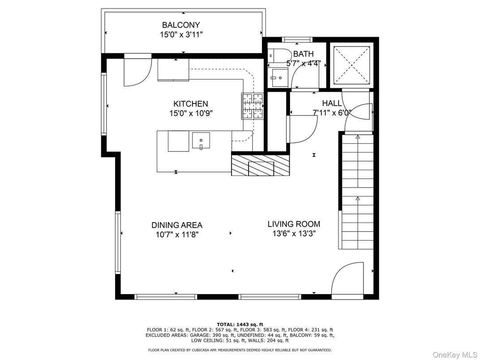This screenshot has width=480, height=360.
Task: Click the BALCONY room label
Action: pos(181,25)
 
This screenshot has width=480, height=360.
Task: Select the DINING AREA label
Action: pos(177,225)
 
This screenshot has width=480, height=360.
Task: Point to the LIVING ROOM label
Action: pos(294,224)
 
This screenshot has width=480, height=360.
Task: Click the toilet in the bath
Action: pos(279,56)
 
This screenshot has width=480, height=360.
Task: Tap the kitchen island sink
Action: pos(201,141)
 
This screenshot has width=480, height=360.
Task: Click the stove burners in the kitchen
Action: pos(253,106)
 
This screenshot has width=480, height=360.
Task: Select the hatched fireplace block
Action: pos(261,165)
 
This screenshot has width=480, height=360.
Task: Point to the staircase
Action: pos(356,191)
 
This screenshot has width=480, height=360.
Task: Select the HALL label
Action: pos(332,103)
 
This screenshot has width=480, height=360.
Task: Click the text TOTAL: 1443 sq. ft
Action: pos(240,324)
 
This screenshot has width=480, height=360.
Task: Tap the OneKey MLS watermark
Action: pos(455,355)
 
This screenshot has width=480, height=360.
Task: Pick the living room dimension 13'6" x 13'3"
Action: pos(294,234)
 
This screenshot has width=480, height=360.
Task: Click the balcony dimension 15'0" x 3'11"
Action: pos(181,34)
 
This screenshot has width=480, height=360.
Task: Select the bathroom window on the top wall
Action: pos(297,39)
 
